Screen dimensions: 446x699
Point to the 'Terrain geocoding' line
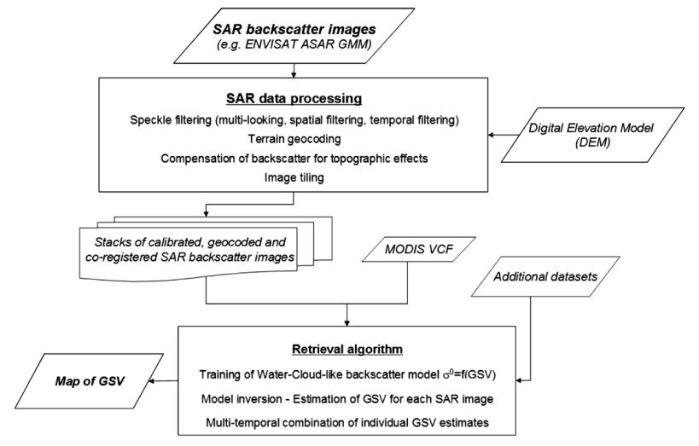click(294, 138)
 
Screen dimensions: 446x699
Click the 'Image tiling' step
click(294, 177)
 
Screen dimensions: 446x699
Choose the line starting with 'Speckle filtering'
click(294, 119)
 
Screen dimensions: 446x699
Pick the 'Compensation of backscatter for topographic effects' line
click(294, 158)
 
